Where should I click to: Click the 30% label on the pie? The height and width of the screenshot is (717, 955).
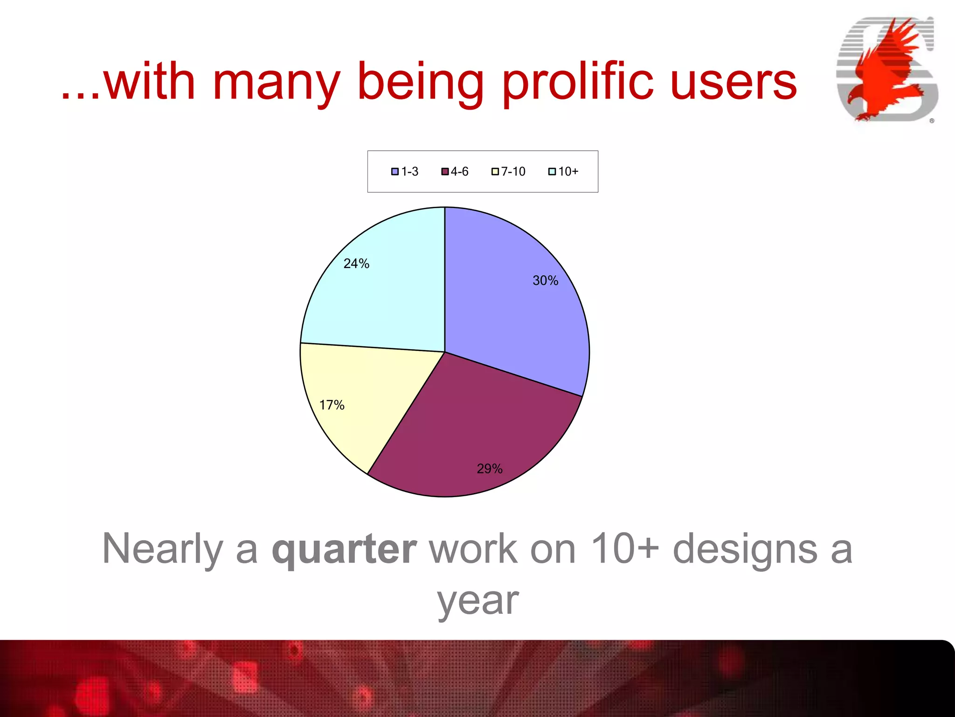point(545,281)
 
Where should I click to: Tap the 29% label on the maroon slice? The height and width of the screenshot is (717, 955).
point(489,469)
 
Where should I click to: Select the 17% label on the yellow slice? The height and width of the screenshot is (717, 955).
point(332,405)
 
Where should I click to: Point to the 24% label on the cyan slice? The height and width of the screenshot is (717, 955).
point(356,264)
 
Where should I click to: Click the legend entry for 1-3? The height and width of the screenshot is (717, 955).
point(405,172)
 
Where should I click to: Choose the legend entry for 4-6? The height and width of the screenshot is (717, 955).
point(455,172)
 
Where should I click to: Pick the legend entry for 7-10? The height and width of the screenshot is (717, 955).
point(509,172)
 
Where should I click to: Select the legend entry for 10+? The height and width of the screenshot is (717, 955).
point(564,172)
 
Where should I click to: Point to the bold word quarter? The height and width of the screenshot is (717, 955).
point(344,550)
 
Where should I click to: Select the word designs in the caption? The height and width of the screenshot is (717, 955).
point(745,549)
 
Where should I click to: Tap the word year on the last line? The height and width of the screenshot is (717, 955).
point(477,601)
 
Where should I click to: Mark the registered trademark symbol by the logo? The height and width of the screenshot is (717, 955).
point(932,121)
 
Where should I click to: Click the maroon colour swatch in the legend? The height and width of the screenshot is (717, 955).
point(445,172)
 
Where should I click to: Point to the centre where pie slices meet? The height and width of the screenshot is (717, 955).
point(444,352)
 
